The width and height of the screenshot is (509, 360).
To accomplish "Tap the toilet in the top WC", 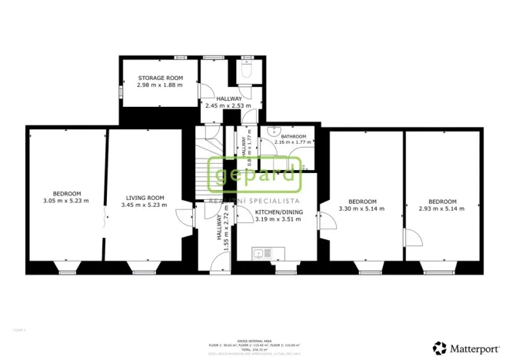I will [x=246, y=71].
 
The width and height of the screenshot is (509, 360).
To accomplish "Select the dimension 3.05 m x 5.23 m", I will [x=66, y=201].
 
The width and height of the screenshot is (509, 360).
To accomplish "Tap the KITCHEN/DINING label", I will [x=276, y=212].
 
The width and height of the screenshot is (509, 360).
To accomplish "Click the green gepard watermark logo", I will [x=254, y=175].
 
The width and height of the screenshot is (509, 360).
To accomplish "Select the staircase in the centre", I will [x=208, y=165].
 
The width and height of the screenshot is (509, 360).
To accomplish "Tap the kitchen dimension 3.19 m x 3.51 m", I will [x=276, y=218].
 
